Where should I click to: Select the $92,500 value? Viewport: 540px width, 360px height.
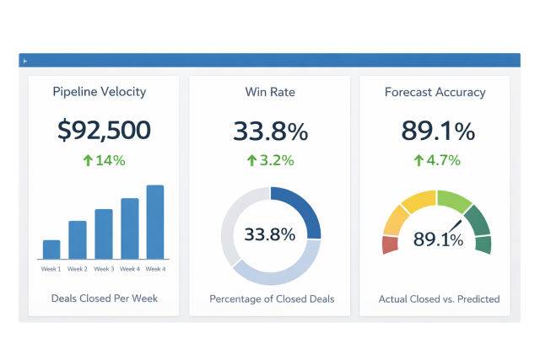point(104,130)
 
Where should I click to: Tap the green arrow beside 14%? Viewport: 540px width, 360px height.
point(88,160)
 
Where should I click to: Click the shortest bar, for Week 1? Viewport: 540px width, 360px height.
point(51,250)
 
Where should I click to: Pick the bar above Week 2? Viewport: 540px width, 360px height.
point(78,239)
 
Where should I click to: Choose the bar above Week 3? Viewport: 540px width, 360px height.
point(104,234)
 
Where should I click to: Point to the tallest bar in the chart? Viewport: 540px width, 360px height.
point(155,222)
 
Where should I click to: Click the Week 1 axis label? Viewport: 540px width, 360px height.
point(51,269)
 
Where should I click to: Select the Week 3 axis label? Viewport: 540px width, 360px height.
point(104,269)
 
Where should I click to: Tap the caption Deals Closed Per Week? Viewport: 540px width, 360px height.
point(104,298)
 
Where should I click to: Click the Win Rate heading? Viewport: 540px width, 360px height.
point(271,92)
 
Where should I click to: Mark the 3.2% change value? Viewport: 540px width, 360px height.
point(277,160)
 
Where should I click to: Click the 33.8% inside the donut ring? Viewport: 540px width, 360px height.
point(271,235)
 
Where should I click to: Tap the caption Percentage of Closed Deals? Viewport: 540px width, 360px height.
point(271,298)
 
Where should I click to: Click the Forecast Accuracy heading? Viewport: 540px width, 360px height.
point(435,92)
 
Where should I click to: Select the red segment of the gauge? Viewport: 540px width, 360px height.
point(390,244)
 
